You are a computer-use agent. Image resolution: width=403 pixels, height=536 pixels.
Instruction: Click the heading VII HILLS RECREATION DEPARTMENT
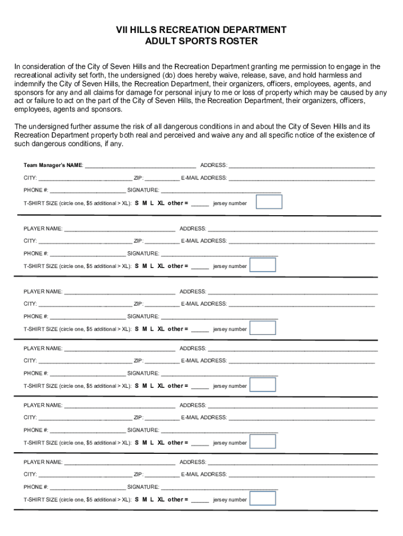coord(201,30)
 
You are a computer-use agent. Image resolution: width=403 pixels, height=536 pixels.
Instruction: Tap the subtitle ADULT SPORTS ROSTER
coord(201,41)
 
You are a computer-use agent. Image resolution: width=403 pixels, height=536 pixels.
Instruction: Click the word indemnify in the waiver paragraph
coord(32,84)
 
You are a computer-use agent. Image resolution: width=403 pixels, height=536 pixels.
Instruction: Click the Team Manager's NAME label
coord(53,165)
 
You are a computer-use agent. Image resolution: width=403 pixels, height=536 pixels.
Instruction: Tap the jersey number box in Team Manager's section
coord(268,202)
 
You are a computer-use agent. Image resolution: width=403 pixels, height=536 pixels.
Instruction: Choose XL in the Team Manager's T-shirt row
coord(161,203)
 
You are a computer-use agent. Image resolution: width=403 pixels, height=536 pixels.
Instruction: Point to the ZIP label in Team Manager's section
coord(138,178)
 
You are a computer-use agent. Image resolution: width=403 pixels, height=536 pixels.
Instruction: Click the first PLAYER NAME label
coord(43,229)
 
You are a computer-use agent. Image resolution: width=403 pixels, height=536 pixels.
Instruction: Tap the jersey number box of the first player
coord(263,265)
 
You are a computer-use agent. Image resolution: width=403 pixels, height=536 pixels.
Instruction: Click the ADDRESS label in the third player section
coord(193,349)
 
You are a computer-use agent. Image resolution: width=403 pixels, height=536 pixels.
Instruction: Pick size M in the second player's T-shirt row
coord(144,329)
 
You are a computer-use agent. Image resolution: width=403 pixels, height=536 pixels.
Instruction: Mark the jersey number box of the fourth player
coord(263,441)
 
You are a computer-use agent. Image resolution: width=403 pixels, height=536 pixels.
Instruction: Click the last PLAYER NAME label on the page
coord(43,462)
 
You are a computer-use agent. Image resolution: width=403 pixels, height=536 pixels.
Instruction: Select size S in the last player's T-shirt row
coord(137,499)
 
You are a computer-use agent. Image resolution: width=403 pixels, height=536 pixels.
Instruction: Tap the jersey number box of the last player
coord(263,498)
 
